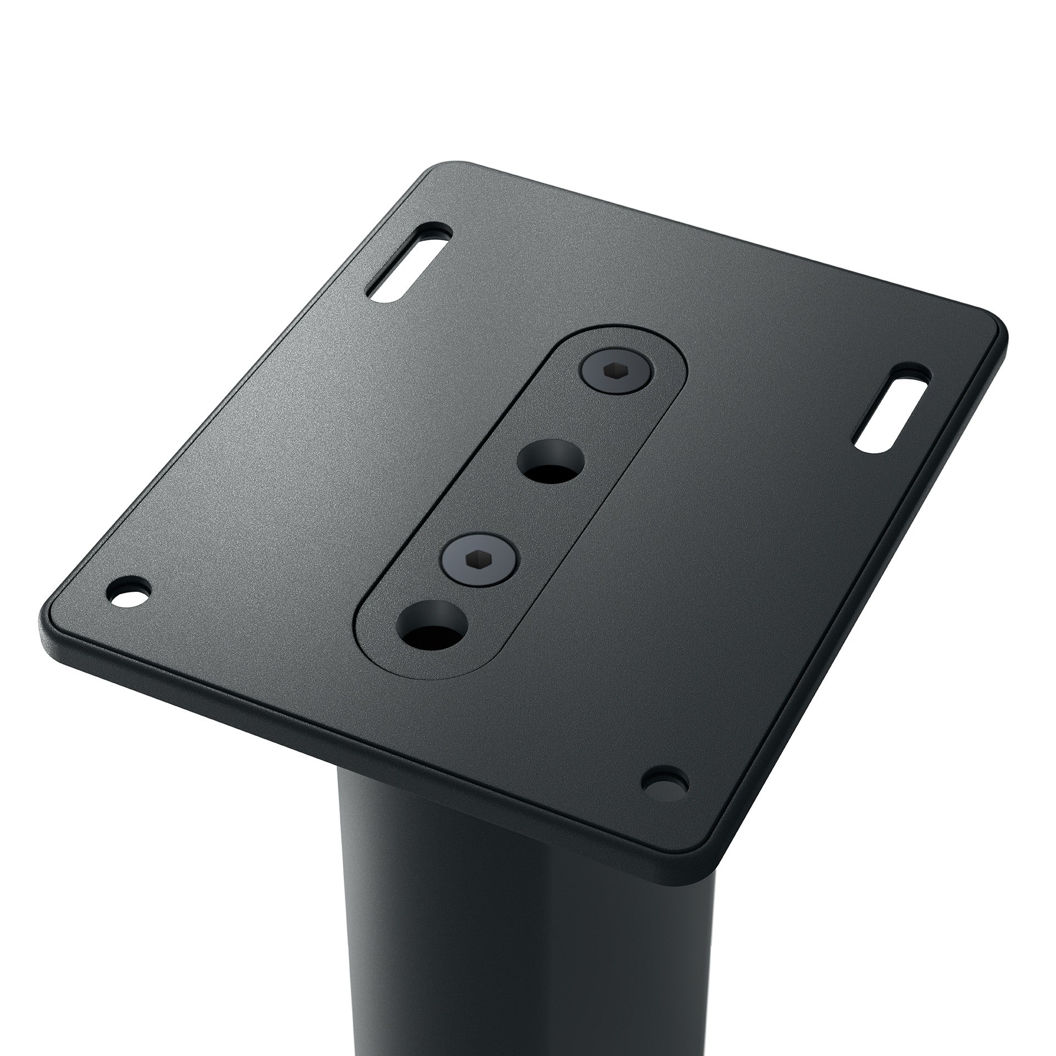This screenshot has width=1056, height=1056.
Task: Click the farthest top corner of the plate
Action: [451, 165]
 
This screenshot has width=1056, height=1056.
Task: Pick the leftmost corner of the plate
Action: [47, 632]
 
